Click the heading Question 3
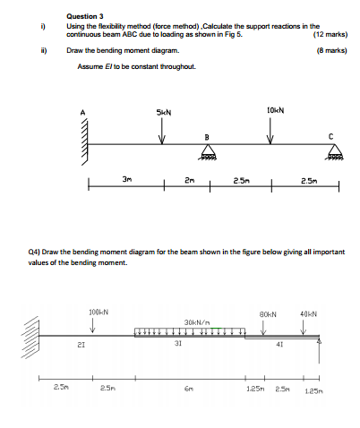click(x=85, y=15)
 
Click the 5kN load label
click(x=162, y=112)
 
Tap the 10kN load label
click(x=274, y=110)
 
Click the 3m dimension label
click(x=126, y=179)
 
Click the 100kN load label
click(x=99, y=311)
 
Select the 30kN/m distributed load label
click(x=195, y=321)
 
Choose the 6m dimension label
click(x=185, y=388)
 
